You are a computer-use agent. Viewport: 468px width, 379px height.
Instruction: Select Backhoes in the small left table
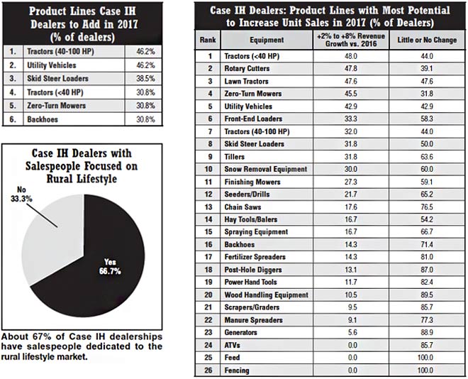click(44, 120)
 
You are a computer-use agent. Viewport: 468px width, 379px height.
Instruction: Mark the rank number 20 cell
click(208, 295)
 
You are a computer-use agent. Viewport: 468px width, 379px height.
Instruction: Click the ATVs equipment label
click(233, 344)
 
